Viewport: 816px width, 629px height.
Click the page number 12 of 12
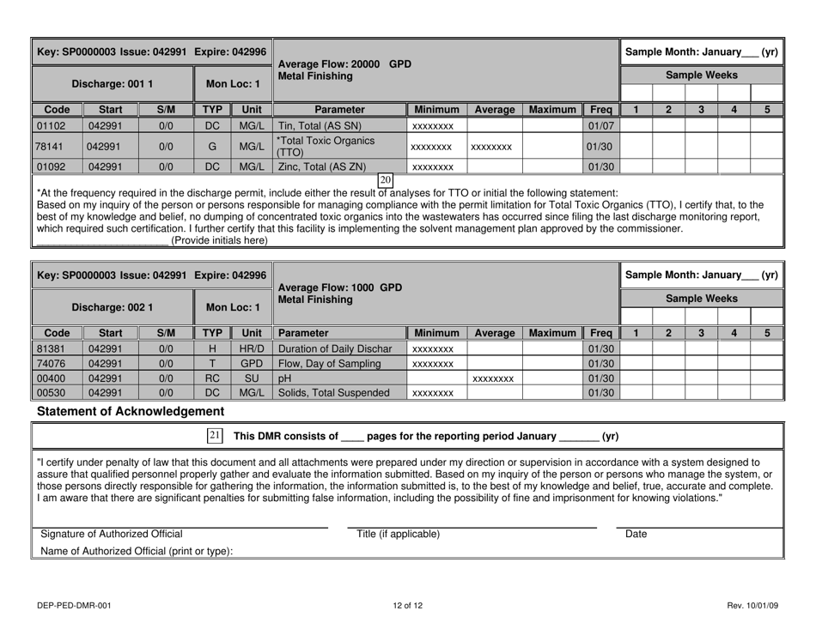point(408,606)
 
